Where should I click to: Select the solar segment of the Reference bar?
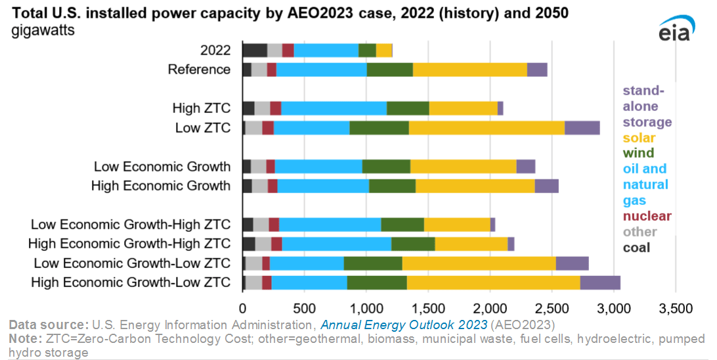pos(469,70)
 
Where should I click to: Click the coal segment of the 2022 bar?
pos(255,51)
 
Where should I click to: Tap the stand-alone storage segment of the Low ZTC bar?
pos(582,127)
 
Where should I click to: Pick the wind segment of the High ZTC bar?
pos(408,108)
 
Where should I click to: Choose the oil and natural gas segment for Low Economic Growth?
pos(318,166)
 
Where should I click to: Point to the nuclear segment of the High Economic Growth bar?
pos(272,186)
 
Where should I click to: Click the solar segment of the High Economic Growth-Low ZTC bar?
pos(493,282)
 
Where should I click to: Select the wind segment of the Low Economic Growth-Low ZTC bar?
pos(373,263)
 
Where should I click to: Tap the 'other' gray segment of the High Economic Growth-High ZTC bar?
pos(263,244)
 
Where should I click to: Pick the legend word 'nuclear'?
pos(647,216)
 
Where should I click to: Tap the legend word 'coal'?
pos(636,248)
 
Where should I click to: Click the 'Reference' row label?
pos(199,70)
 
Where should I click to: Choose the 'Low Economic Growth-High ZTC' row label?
pos(131,225)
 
